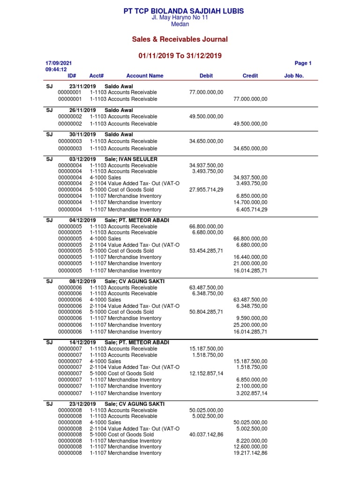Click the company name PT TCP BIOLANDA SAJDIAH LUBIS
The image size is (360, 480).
click(183, 11)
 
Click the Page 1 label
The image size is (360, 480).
click(303, 63)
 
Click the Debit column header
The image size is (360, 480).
click(206, 75)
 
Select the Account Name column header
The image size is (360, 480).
click(145, 75)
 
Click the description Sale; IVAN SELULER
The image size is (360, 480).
click(131, 159)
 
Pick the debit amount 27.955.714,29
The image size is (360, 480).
click(206, 190)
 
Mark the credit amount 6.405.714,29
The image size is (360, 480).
click(252, 210)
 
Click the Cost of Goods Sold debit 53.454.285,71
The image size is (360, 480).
click(206, 251)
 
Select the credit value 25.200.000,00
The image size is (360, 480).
click(250, 325)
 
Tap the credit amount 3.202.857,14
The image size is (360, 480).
click(252, 393)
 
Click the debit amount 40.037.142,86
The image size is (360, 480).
click(206, 435)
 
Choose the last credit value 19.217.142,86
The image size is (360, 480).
click(250, 453)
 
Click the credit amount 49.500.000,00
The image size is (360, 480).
click(250, 124)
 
